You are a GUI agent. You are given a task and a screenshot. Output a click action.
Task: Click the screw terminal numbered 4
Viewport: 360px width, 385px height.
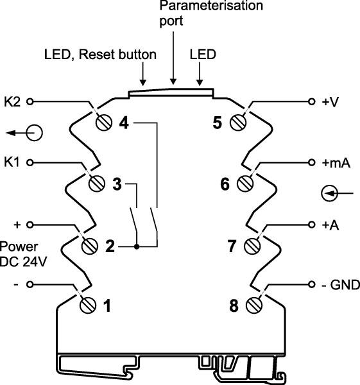(103, 122)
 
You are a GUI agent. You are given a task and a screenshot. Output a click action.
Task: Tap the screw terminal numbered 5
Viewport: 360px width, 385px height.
(240, 122)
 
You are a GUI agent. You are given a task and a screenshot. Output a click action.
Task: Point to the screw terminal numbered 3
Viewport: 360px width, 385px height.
(98, 184)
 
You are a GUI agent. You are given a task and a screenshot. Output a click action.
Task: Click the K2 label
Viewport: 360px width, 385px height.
(12, 101)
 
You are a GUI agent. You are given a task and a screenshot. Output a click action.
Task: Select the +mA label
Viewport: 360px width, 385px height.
(336, 163)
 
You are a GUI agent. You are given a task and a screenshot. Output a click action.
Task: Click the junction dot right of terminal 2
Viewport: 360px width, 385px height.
(136, 246)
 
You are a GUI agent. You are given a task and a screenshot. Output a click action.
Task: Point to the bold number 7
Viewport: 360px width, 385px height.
(234, 245)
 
